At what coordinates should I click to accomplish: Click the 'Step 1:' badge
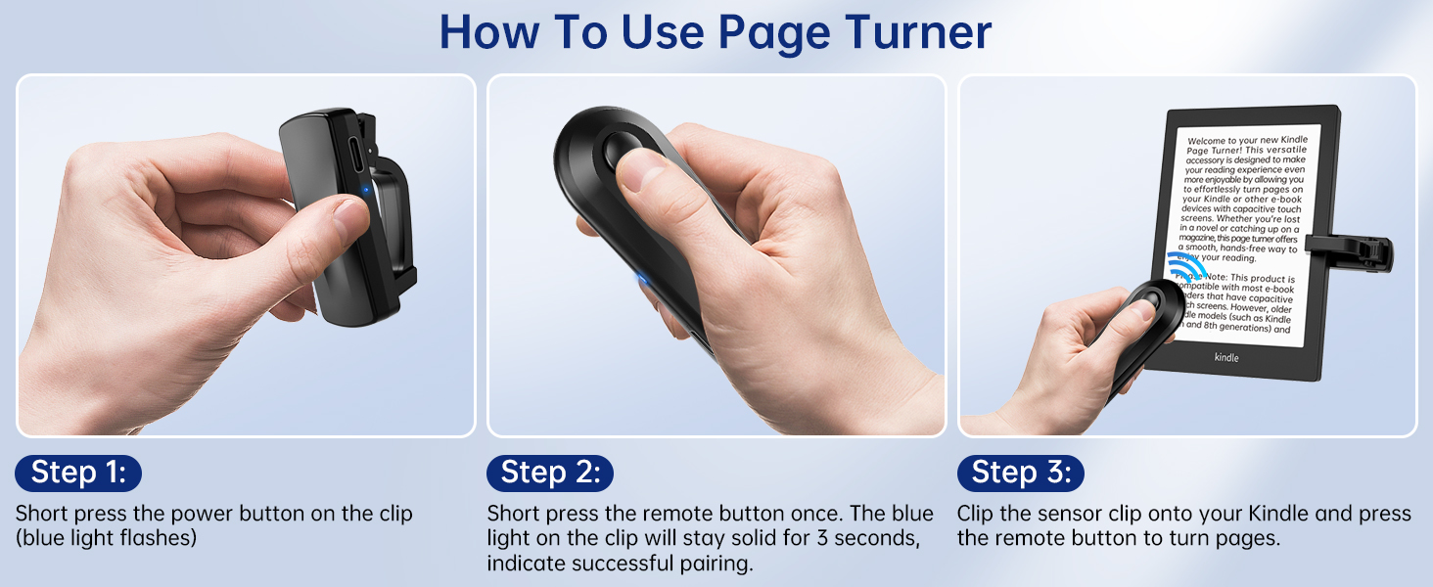[78, 474]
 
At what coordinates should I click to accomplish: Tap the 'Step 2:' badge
[549, 474]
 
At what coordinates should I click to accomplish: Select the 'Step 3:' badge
[1020, 474]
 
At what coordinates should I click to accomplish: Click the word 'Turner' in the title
[912, 32]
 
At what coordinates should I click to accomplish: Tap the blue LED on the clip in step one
[365, 191]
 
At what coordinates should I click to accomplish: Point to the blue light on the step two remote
[641, 281]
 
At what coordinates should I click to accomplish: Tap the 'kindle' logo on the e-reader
[1226, 357]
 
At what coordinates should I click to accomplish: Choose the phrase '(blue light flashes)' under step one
[106, 538]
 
